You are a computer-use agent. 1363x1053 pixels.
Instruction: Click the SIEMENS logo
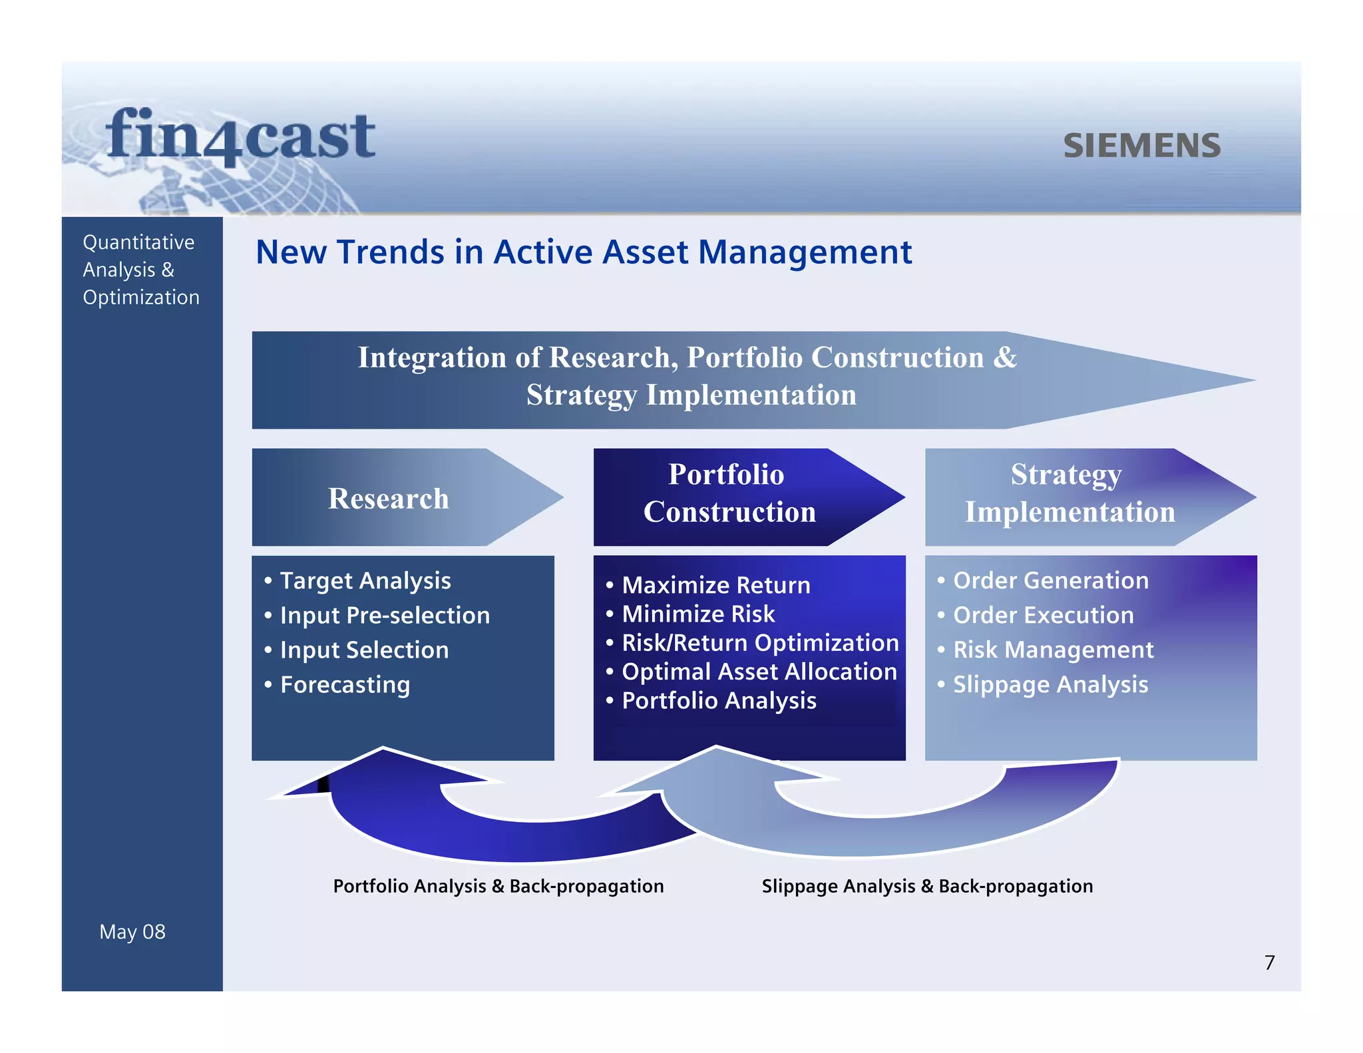[1141, 146]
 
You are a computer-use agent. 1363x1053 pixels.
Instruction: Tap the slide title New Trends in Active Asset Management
[583, 252]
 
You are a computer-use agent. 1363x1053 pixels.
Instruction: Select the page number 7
[1269, 962]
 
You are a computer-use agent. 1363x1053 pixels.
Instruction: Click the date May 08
[132, 931]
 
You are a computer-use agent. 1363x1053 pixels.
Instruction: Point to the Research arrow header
[389, 498]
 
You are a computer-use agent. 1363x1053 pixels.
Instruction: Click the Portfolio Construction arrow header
[729, 493]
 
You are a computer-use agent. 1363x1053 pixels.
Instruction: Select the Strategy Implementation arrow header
[1069, 493]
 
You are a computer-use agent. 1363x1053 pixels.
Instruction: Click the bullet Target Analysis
[365, 580]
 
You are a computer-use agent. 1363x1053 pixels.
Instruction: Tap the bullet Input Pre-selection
[384, 615]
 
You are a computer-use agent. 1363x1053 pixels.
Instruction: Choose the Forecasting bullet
[344, 684]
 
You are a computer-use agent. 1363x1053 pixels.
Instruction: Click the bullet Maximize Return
[715, 585]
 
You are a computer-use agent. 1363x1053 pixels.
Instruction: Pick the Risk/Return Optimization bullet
[759, 643]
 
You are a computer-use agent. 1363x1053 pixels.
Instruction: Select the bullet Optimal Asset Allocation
[759, 672]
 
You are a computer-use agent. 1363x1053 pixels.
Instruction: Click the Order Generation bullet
[1050, 580]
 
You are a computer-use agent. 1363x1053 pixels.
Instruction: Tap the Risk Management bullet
[1053, 650]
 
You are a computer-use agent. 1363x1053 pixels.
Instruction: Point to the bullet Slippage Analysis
[1050, 684]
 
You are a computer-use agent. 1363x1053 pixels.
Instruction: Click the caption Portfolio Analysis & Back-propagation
[498, 886]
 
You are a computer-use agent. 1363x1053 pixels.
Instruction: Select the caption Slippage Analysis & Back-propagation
[927, 886]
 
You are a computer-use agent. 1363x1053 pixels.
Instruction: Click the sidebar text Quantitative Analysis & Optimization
[140, 270]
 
